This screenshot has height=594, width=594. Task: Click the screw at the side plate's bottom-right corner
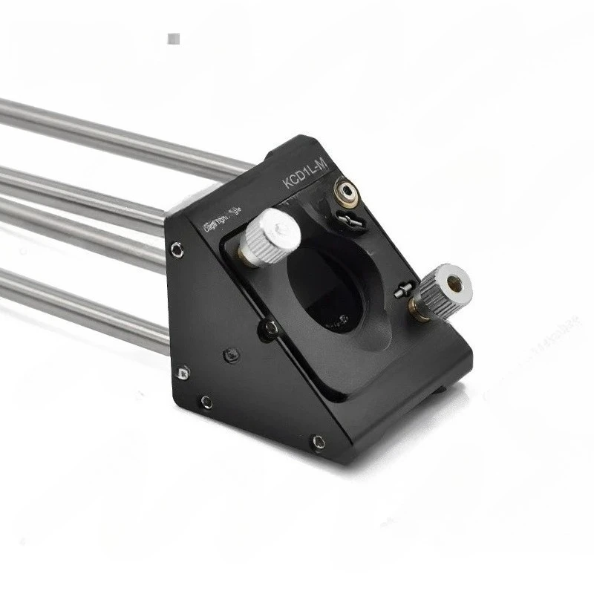click(x=318, y=442)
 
